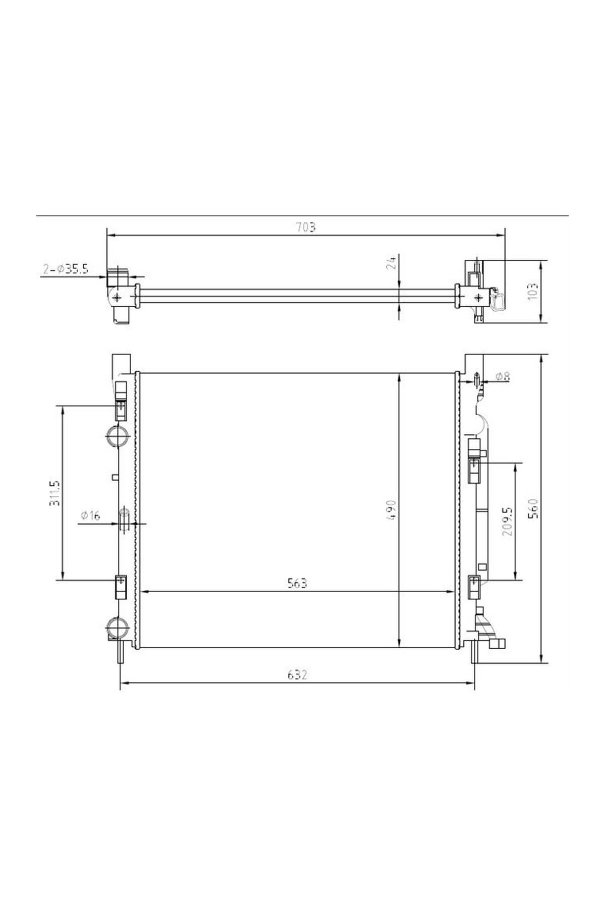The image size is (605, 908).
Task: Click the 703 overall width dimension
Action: (306, 227)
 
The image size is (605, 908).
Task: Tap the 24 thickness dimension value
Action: (393, 262)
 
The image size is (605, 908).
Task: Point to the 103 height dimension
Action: (534, 291)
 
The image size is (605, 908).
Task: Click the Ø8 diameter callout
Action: (503, 376)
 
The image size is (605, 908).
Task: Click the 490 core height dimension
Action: (393, 510)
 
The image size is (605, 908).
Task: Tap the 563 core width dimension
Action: (297, 583)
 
